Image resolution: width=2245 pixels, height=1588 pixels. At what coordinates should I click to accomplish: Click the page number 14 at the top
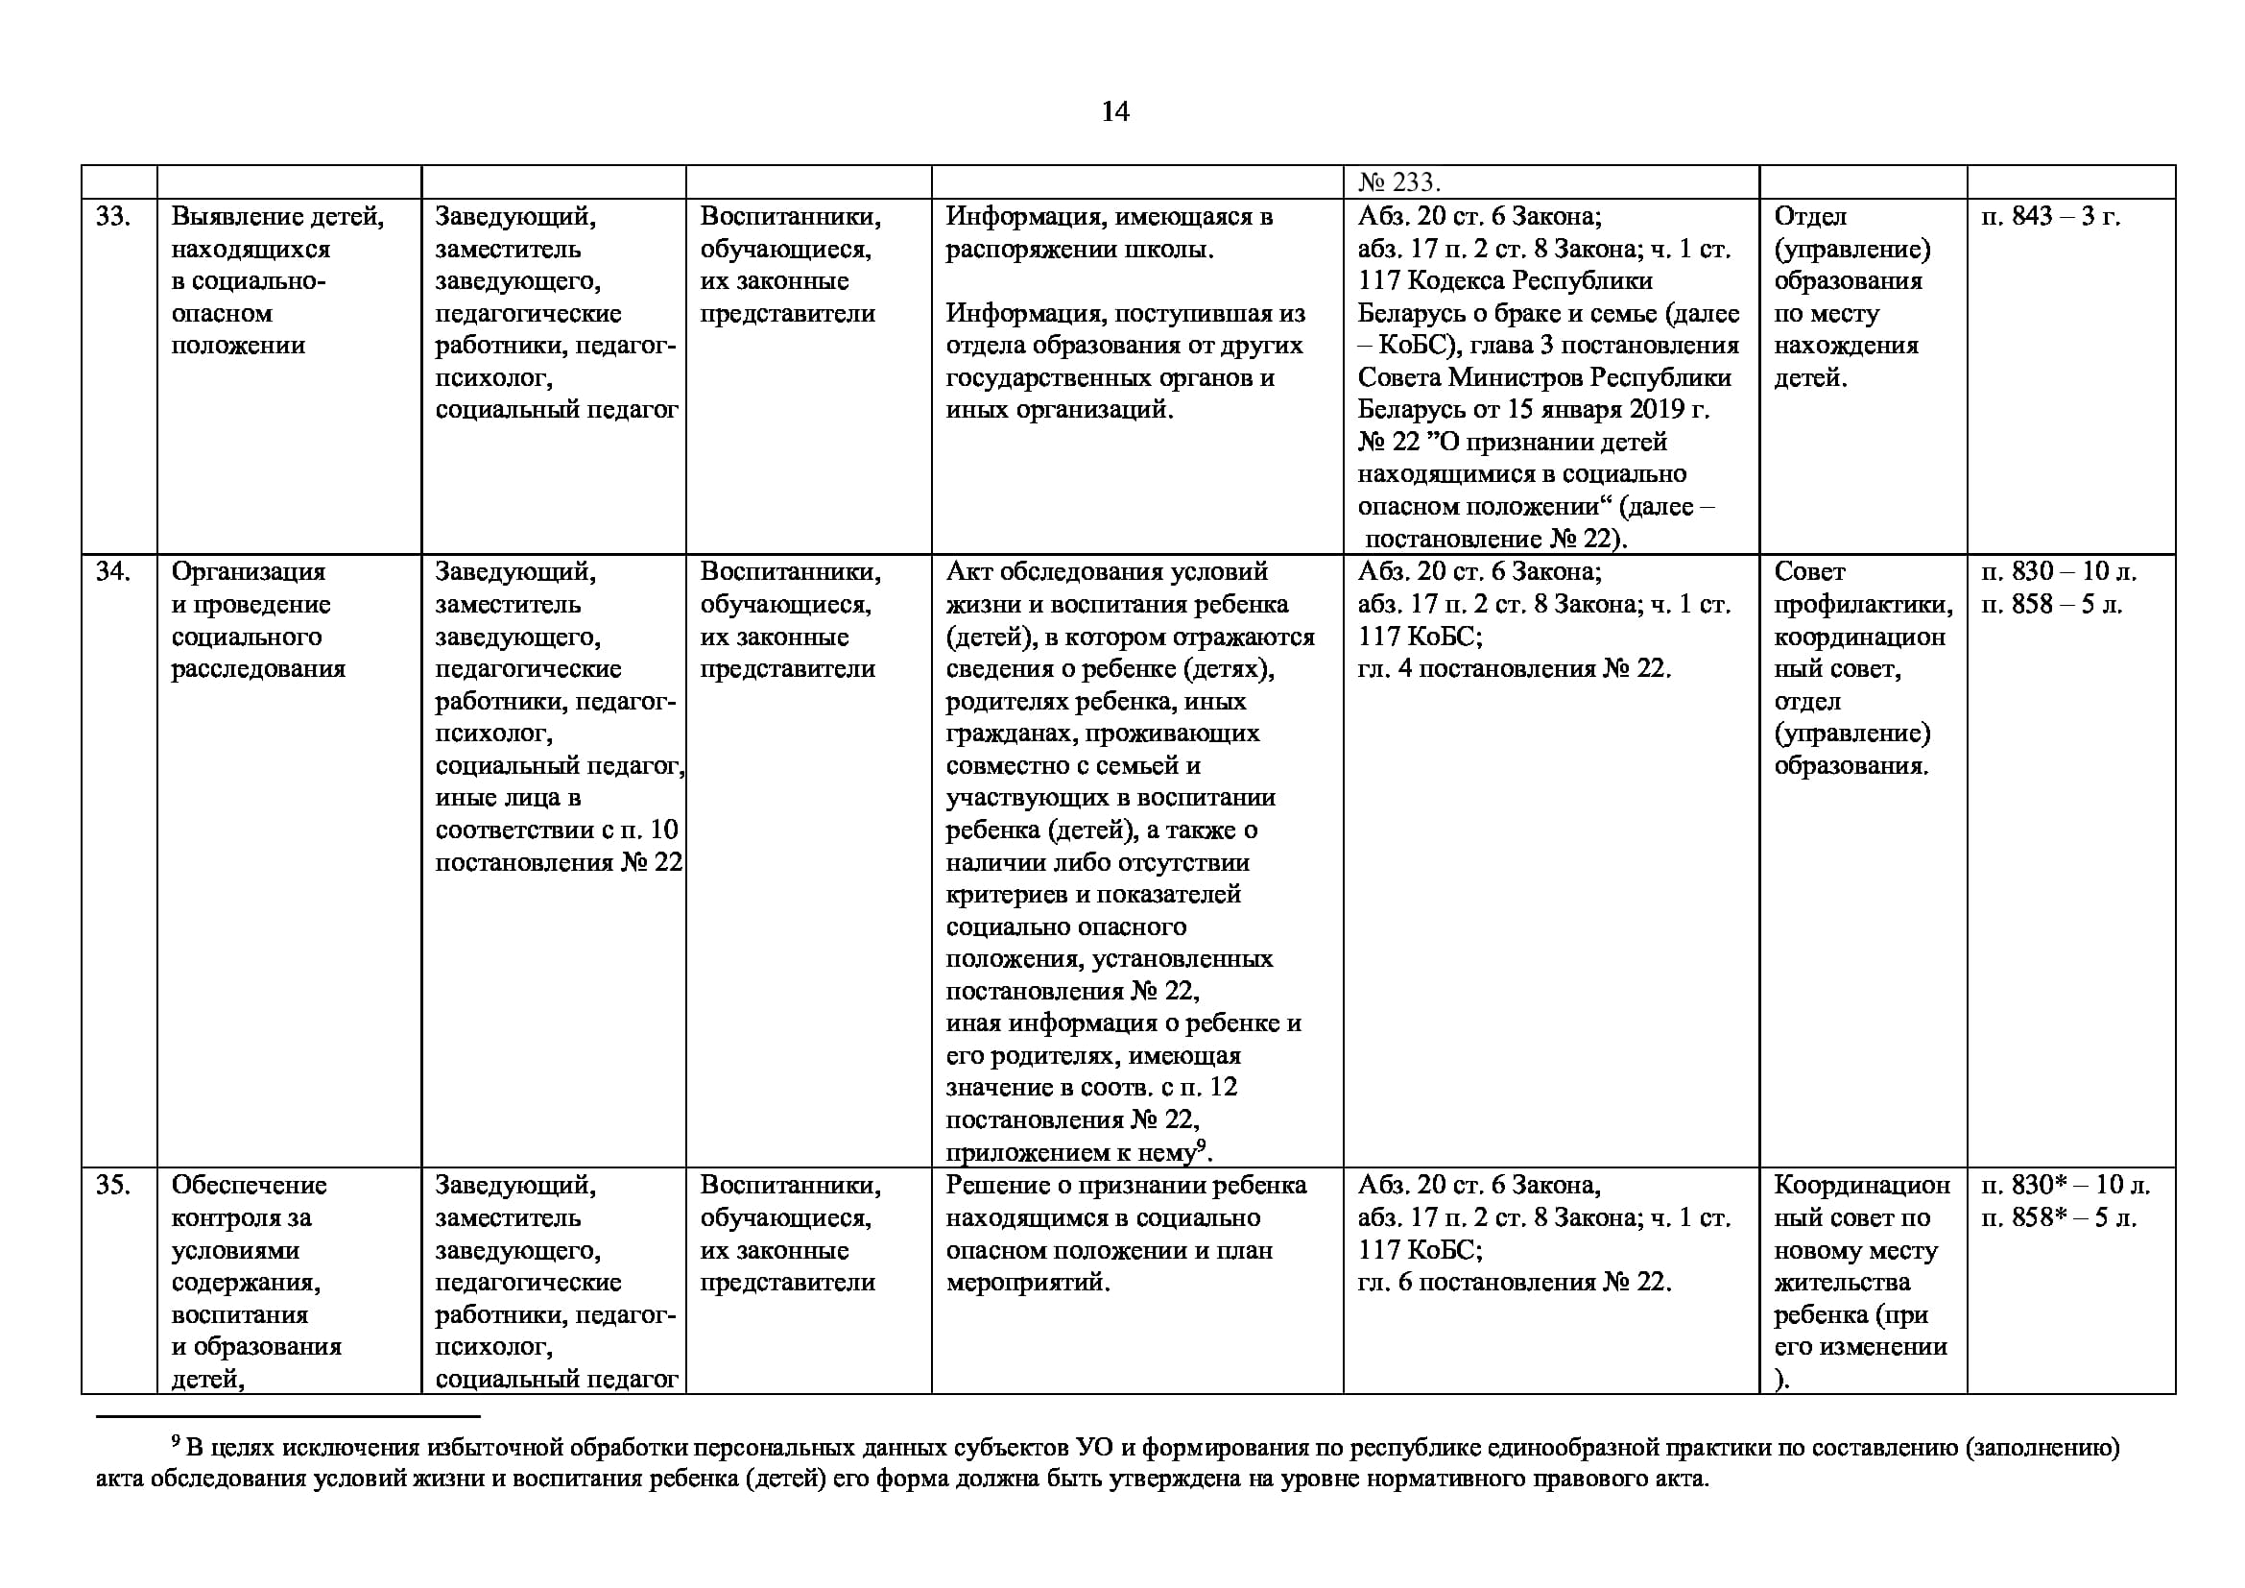click(1114, 111)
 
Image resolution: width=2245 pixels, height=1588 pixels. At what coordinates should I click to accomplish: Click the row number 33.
click(112, 216)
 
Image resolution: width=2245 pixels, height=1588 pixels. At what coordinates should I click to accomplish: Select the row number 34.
click(112, 571)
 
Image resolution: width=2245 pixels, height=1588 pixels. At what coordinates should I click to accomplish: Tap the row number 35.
click(112, 1185)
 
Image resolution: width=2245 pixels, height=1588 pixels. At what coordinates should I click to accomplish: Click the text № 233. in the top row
click(1399, 182)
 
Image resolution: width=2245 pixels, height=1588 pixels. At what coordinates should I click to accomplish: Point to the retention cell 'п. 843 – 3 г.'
click(2050, 216)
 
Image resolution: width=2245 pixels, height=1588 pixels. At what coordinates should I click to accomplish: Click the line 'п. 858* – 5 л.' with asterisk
click(2058, 1217)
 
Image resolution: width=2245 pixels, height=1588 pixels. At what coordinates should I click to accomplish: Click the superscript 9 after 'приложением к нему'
click(1202, 1145)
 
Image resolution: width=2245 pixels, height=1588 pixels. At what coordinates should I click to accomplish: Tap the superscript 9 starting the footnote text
click(176, 1441)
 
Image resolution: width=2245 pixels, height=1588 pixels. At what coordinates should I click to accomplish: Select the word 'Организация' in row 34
click(249, 571)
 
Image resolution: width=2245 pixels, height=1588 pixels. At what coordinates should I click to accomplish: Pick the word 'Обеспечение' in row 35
click(250, 1185)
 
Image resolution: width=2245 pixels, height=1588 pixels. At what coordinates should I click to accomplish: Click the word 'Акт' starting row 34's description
click(968, 571)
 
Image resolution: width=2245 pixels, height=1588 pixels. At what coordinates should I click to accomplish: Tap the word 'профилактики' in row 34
click(1863, 604)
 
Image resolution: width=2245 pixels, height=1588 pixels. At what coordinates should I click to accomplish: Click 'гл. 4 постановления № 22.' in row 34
click(1514, 669)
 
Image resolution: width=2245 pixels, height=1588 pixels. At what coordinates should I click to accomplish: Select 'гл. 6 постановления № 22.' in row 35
click(1514, 1282)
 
